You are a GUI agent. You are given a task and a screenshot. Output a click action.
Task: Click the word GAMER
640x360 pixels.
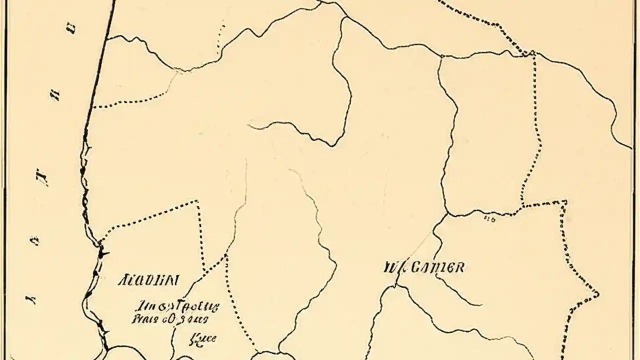[x=437, y=267]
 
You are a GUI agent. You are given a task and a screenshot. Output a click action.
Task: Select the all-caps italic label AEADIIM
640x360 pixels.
[x=148, y=280]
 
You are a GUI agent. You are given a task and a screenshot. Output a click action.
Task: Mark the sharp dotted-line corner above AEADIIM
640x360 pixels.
[x=196, y=201]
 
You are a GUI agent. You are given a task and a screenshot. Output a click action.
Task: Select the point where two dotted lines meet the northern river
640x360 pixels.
[x=532, y=52]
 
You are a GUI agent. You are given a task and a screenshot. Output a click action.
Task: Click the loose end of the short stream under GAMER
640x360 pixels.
[x=481, y=304]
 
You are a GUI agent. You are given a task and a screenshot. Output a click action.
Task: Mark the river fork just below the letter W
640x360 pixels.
[x=396, y=286]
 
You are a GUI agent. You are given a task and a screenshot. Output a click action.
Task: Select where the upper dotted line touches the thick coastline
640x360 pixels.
[x=93, y=107]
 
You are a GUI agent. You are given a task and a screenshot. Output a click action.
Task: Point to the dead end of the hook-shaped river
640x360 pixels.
[x=248, y=125]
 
